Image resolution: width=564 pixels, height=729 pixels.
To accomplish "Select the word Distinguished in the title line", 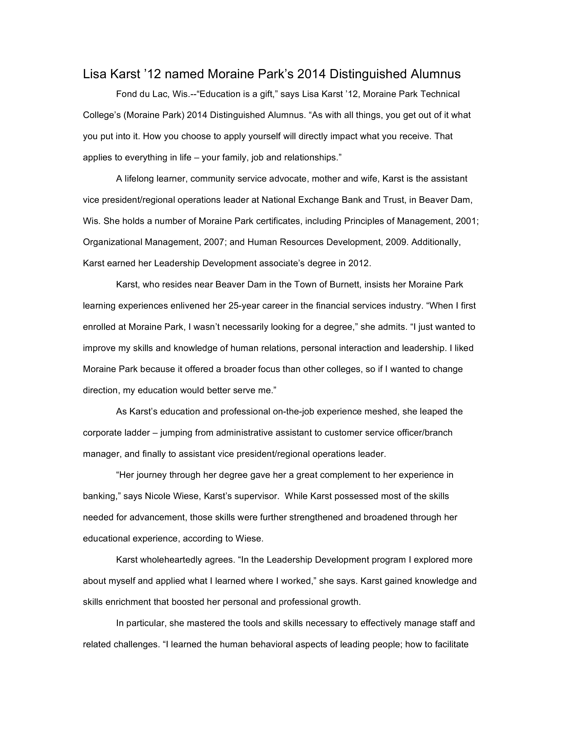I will [x=368, y=74].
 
